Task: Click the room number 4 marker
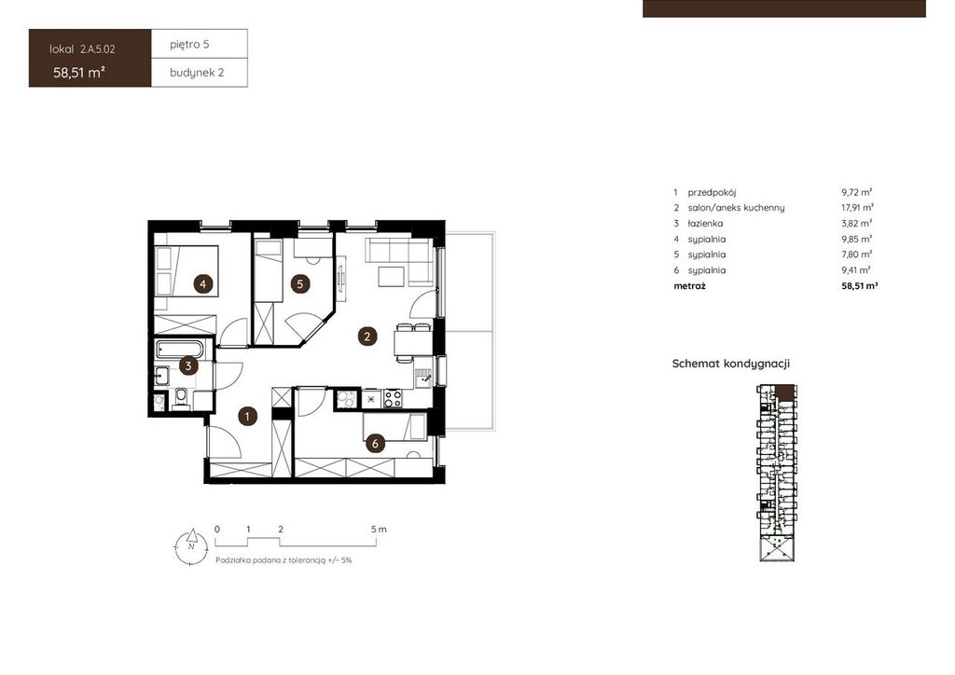tap(202, 283)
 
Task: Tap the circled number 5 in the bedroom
tap(299, 283)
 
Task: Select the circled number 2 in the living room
tap(367, 336)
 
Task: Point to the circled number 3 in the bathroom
tap(188, 365)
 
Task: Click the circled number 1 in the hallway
tap(247, 417)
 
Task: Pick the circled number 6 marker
tap(375, 444)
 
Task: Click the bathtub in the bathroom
tap(180, 350)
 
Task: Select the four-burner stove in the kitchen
tap(393, 399)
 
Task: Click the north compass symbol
tap(191, 544)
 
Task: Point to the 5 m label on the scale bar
tap(379, 529)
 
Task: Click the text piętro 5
tap(189, 45)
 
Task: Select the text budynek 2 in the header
tap(197, 73)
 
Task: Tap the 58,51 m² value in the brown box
tap(79, 73)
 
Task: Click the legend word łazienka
tap(705, 224)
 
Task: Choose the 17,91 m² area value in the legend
tap(858, 208)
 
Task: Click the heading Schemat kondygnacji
tap(731, 364)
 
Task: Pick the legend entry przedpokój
tap(712, 192)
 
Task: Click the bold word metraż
tap(689, 285)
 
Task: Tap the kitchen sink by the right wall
tap(424, 379)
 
